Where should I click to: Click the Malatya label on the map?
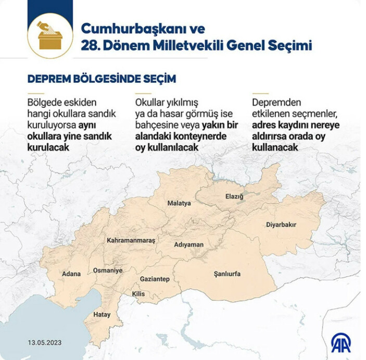179,203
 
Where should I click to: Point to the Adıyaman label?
188,244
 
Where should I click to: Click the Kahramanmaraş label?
131,240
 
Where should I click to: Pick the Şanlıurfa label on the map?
228,274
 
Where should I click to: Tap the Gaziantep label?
155,279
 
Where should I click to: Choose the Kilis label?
138,294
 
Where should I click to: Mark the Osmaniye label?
108,270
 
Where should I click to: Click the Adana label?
71,273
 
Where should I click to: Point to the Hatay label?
102,315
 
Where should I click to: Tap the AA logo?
340,342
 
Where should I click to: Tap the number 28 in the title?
90,46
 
